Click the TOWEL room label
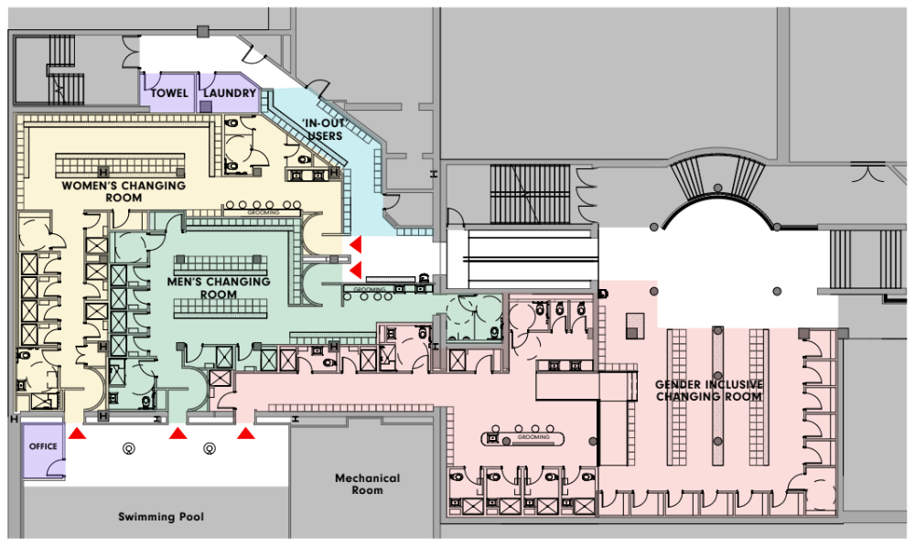tap(169, 93)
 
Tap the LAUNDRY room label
tap(230, 93)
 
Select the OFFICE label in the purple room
tap(42, 446)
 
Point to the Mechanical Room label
tap(367, 484)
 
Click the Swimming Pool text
tap(161, 517)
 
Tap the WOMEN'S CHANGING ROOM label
tap(124, 191)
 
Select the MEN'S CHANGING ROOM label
tap(219, 288)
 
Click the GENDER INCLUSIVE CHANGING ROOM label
tap(709, 391)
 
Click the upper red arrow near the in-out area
tap(355, 244)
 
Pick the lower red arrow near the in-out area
tap(355, 269)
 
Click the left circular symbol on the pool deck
tap(129, 448)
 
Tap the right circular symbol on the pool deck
tap(210, 448)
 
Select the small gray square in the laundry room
tap(206, 106)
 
